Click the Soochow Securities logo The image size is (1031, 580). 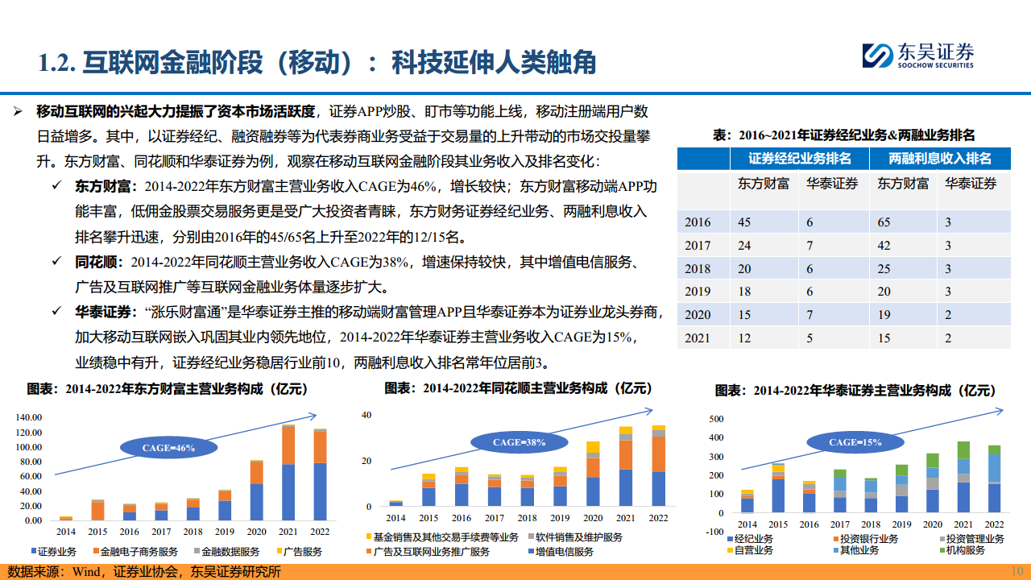click(x=917, y=56)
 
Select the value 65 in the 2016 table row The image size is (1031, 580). click(x=884, y=222)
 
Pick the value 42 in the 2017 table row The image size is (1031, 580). click(x=884, y=246)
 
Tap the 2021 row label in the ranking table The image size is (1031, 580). click(x=698, y=338)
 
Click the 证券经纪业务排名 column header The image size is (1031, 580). click(x=799, y=159)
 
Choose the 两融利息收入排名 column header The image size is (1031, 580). click(x=940, y=159)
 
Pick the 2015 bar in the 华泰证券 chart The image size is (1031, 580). click(x=777, y=488)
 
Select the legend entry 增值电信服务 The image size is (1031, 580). click(x=565, y=552)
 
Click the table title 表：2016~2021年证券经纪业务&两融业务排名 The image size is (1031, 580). click(x=843, y=135)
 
